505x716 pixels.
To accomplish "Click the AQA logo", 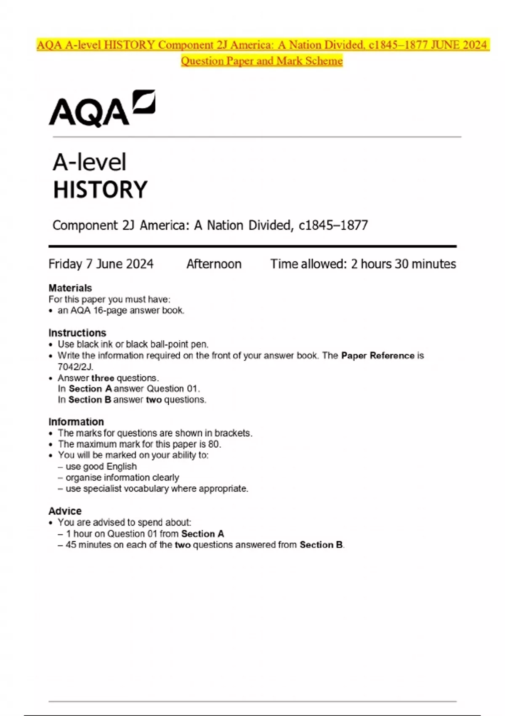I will click(x=102, y=108).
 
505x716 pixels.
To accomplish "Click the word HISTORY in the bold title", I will click(x=100, y=190).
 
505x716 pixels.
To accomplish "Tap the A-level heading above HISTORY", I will click(x=89, y=162).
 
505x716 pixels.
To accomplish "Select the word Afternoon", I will click(x=214, y=264).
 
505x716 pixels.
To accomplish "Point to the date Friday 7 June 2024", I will click(x=101, y=264).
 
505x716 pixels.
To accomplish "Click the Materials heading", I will click(x=70, y=288).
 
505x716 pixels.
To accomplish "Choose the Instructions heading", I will click(x=77, y=333).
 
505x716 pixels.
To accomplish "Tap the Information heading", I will click(x=76, y=422).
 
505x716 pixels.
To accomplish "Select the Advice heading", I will click(x=65, y=511).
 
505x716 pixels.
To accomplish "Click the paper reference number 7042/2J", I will click(x=75, y=366).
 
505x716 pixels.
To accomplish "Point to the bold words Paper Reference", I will click(x=378, y=355).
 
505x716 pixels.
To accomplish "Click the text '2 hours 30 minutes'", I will click(x=404, y=264).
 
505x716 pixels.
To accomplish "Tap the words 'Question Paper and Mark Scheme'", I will click(x=262, y=61).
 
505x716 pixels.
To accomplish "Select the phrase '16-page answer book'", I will click(x=138, y=310).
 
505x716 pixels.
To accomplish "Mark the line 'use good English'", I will click(x=101, y=466).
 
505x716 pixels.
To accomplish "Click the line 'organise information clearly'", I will click(x=122, y=478).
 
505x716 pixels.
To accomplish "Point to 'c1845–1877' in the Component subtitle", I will click(x=333, y=225).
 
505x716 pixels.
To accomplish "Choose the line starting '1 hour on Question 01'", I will click(x=145, y=534).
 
